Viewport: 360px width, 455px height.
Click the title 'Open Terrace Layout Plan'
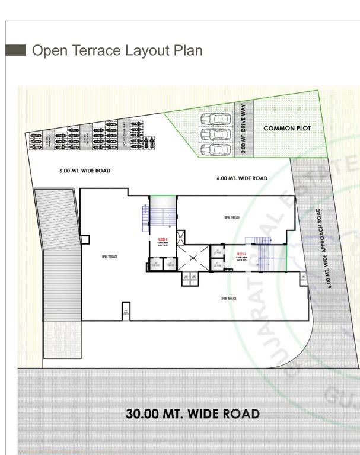117,50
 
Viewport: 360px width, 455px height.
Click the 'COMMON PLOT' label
287,128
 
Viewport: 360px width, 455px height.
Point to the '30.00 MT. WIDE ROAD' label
192,413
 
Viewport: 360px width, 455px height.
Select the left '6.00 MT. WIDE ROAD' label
85,171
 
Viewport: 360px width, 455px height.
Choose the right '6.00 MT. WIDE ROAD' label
242,178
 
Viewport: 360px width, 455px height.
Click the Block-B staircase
160,216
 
